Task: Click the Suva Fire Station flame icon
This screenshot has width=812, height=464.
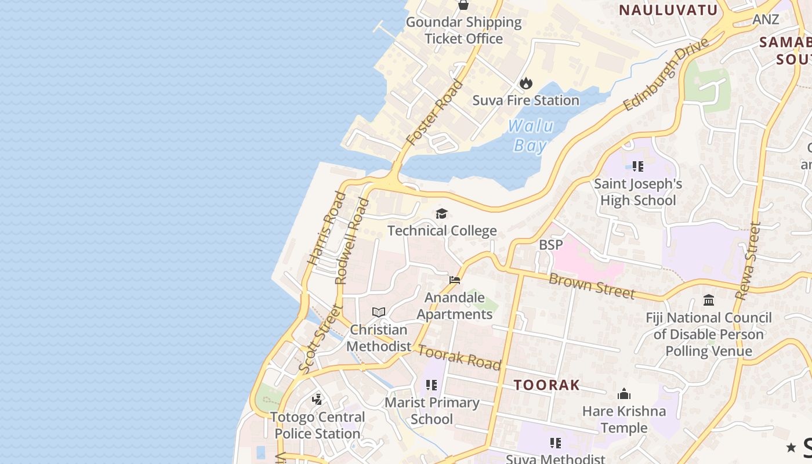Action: pyautogui.click(x=526, y=83)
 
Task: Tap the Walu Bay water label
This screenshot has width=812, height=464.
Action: pyautogui.click(x=531, y=135)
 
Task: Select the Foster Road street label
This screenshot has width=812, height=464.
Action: pyautogui.click(x=435, y=113)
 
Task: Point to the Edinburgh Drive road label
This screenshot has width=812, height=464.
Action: pyautogui.click(x=667, y=74)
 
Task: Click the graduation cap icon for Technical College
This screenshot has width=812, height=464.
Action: pyautogui.click(x=442, y=214)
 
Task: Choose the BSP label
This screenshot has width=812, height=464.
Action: pyautogui.click(x=550, y=245)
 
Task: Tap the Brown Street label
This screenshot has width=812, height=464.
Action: pyautogui.click(x=592, y=286)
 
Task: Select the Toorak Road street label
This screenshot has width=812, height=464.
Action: pyautogui.click(x=459, y=357)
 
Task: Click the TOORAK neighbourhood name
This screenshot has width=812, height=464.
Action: pyautogui.click(x=547, y=385)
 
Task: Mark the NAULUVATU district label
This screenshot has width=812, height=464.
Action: pyautogui.click(x=668, y=10)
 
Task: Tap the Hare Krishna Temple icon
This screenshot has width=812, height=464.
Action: pyautogui.click(x=624, y=394)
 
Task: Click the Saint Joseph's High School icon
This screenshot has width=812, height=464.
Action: pyautogui.click(x=638, y=167)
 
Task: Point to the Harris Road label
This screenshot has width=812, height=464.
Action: pyautogui.click(x=327, y=229)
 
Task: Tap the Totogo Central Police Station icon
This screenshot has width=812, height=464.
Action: pyautogui.click(x=317, y=400)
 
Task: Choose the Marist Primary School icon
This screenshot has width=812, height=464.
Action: pyautogui.click(x=431, y=385)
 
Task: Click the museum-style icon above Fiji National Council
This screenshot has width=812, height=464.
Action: pyautogui.click(x=709, y=300)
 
